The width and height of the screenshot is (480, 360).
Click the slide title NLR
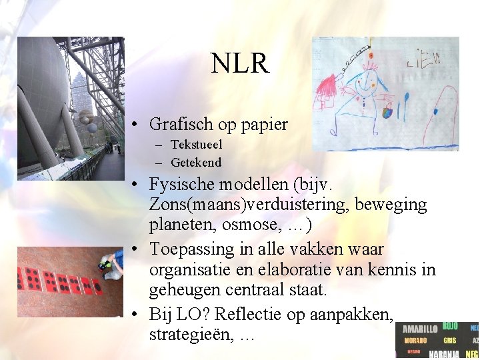pos(240,64)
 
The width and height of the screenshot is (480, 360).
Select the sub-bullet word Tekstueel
pos(197,145)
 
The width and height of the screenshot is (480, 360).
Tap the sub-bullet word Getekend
pos(196,162)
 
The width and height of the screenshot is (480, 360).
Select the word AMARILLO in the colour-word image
pos(419,329)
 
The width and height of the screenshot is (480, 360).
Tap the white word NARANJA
pos(445,354)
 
